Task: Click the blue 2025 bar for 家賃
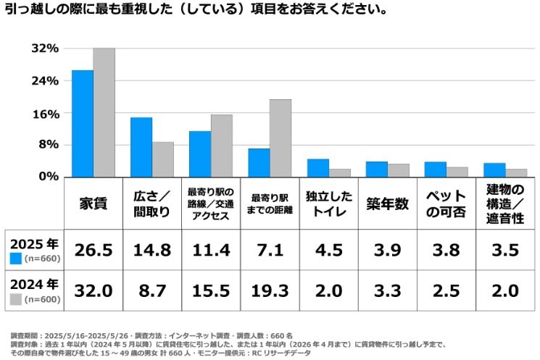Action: [82, 123]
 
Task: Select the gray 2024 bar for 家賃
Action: [104, 112]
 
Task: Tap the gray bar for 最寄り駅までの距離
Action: [281, 138]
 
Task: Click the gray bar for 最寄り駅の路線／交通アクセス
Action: [222, 145]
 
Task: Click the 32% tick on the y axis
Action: [44, 49]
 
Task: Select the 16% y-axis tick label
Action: [44, 114]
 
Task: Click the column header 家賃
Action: [93, 204]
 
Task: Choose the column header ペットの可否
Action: [446, 204]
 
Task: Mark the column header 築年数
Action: [387, 204]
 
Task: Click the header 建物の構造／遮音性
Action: [504, 204]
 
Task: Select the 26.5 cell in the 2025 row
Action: [93, 250]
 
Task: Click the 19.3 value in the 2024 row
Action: [269, 290]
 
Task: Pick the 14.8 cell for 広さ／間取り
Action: [151, 250]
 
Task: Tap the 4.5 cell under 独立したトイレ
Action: [328, 250]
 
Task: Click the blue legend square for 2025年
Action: [16, 258]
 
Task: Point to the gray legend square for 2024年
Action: [16, 298]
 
